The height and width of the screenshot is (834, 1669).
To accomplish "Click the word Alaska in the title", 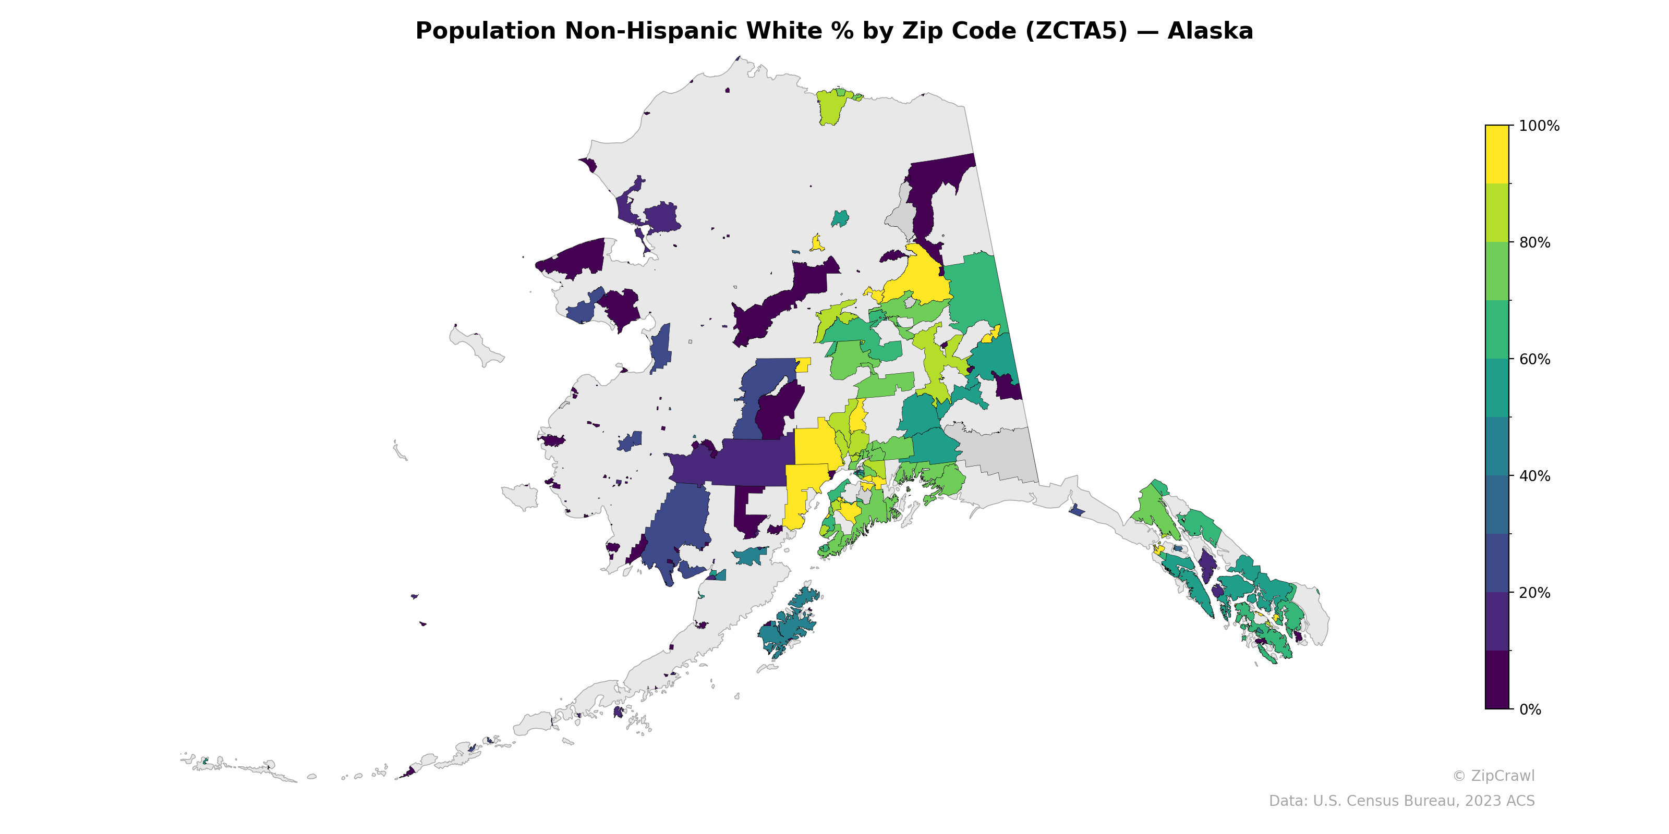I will (1210, 31).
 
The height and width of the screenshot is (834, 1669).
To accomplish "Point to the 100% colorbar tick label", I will (1539, 126).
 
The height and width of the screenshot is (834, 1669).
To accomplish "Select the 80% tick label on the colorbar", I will (1534, 243).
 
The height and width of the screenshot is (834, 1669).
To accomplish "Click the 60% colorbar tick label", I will (1534, 359).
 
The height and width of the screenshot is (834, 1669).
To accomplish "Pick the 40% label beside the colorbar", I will (1534, 476).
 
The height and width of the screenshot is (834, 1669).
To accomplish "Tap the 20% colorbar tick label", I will (1534, 593).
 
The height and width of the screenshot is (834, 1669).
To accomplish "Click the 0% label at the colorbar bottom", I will (1530, 709).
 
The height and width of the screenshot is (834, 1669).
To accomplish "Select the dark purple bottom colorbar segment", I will (1497, 680).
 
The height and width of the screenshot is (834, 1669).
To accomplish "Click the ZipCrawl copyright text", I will (1493, 776).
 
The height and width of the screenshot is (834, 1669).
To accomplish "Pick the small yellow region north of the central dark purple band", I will (817, 244).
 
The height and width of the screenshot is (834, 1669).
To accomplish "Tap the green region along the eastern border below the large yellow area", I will (975, 291).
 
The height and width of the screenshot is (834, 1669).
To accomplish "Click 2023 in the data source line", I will (1481, 801).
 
